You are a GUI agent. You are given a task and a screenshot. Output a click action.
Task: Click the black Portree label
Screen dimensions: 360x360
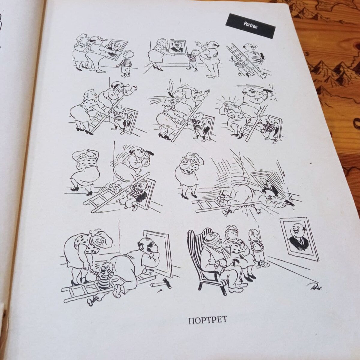click(250, 26)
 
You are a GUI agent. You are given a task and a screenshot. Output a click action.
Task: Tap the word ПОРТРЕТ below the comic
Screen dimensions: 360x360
click(207, 319)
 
